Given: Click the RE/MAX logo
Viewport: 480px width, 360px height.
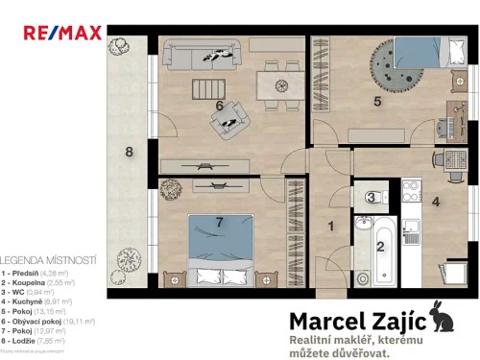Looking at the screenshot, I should [x=62, y=33].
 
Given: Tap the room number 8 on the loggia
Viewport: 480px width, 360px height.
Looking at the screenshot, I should [x=129, y=151].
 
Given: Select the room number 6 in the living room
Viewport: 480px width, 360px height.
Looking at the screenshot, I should [x=220, y=106].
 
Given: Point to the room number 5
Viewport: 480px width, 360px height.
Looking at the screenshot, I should [x=377, y=100].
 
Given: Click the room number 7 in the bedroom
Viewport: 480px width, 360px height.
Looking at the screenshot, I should [x=219, y=223].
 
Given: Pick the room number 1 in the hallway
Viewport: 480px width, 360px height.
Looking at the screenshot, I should [x=331, y=227].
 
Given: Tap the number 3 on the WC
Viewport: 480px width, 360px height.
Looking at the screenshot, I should [x=371, y=198].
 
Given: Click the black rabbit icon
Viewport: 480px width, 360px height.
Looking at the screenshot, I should [x=444, y=316].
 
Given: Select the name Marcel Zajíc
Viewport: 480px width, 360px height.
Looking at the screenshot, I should [x=360, y=323].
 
